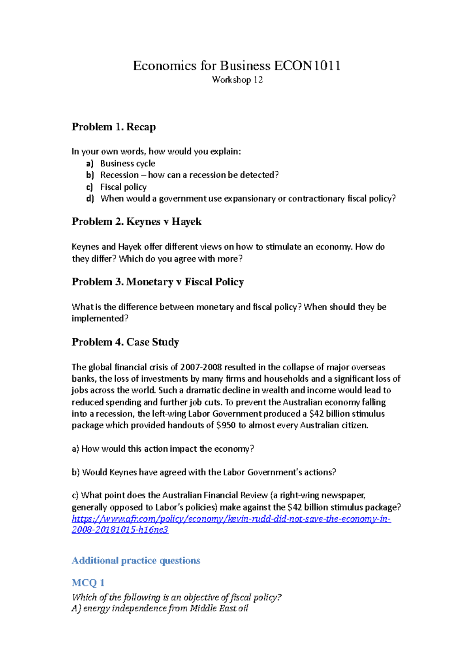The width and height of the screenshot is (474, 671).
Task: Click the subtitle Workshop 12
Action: [x=237, y=80]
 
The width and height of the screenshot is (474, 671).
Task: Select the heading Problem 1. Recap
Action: [x=113, y=127]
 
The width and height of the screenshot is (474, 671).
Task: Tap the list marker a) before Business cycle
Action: [x=90, y=164]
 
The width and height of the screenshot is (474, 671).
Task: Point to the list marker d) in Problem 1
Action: [x=90, y=198]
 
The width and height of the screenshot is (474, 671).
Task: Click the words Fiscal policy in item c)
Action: [x=123, y=187]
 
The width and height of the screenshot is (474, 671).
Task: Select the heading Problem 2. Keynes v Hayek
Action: [x=136, y=222]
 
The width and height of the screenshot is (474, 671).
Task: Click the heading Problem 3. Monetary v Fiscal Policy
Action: [x=158, y=282]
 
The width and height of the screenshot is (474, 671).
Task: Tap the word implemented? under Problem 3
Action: [x=100, y=319]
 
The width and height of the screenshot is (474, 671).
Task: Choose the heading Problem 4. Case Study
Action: [x=125, y=342]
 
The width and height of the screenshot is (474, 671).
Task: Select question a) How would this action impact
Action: [x=163, y=449]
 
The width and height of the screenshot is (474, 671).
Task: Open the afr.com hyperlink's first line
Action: [x=231, y=519]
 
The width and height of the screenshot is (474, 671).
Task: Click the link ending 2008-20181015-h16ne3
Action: [x=120, y=530]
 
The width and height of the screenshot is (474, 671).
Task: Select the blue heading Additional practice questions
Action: [x=136, y=560]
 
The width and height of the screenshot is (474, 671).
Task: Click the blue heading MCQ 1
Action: [x=88, y=582]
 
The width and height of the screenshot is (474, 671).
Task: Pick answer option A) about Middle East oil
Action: [x=160, y=609]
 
